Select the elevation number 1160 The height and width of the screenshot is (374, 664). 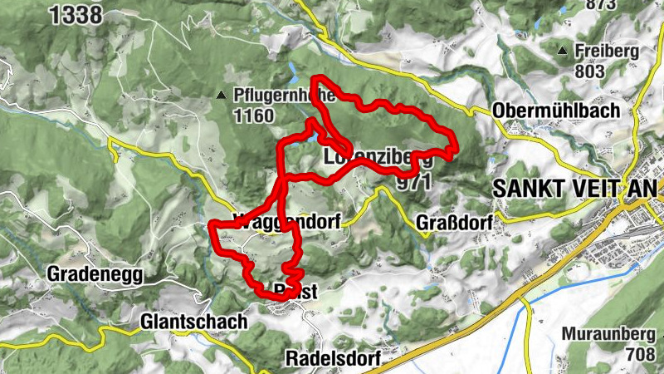click(x=253, y=116)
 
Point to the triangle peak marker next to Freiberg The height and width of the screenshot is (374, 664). click(x=564, y=52)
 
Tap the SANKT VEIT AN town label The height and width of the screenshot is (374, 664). click(x=578, y=187)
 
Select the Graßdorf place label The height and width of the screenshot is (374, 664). click(x=454, y=223)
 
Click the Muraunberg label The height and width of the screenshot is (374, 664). click(x=613, y=336)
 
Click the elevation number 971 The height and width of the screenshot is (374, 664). click(x=414, y=182)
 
